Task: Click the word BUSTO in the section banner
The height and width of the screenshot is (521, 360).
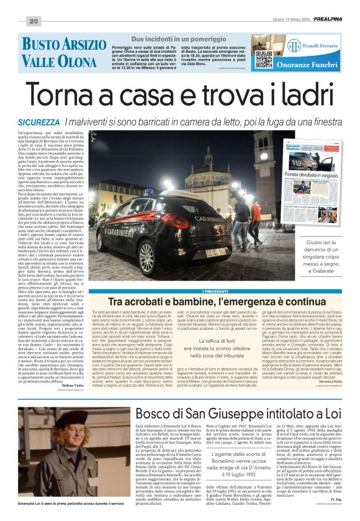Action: point(42,45)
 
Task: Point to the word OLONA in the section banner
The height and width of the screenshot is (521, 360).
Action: point(80,61)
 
